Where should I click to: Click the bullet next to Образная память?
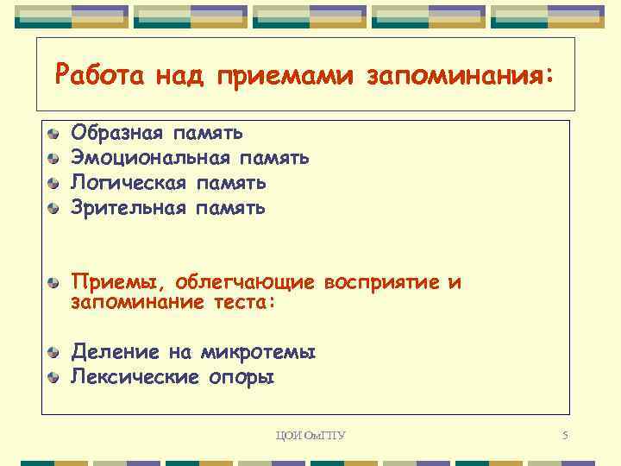click(54, 134)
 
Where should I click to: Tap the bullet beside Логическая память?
click(54, 184)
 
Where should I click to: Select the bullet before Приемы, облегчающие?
click(54, 283)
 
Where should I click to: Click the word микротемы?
click(258, 352)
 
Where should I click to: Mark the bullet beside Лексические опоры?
click(54, 377)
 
